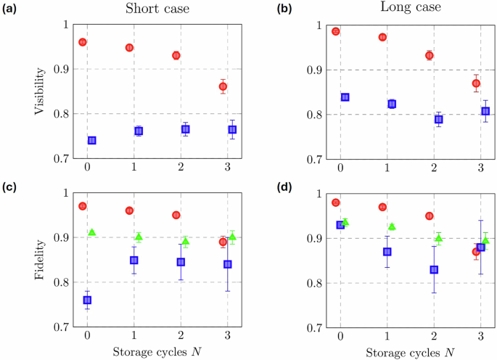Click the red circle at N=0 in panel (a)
coord(83,42)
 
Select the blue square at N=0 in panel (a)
coord(91,140)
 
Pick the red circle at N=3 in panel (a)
coord(223,87)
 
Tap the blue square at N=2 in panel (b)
coord(438,120)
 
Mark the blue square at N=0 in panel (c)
coord(87,300)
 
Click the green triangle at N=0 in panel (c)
coord(92,232)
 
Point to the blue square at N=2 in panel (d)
coord(434,269)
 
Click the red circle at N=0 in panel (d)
coord(335,202)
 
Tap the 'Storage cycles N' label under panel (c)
coord(157,352)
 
